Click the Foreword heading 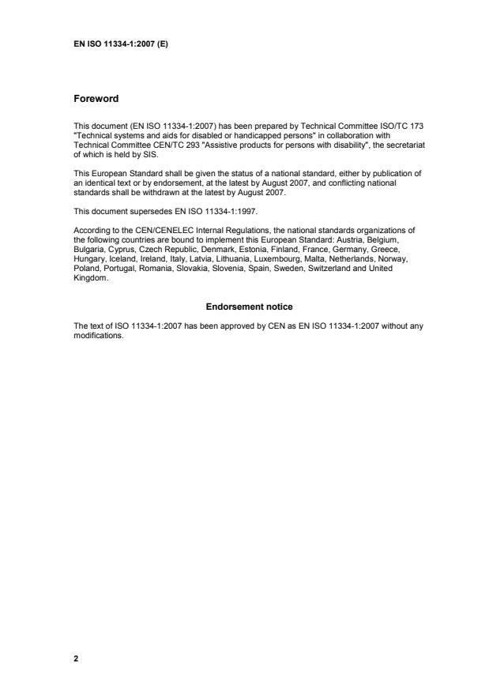click(96, 99)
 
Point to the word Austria click(376, 235)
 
